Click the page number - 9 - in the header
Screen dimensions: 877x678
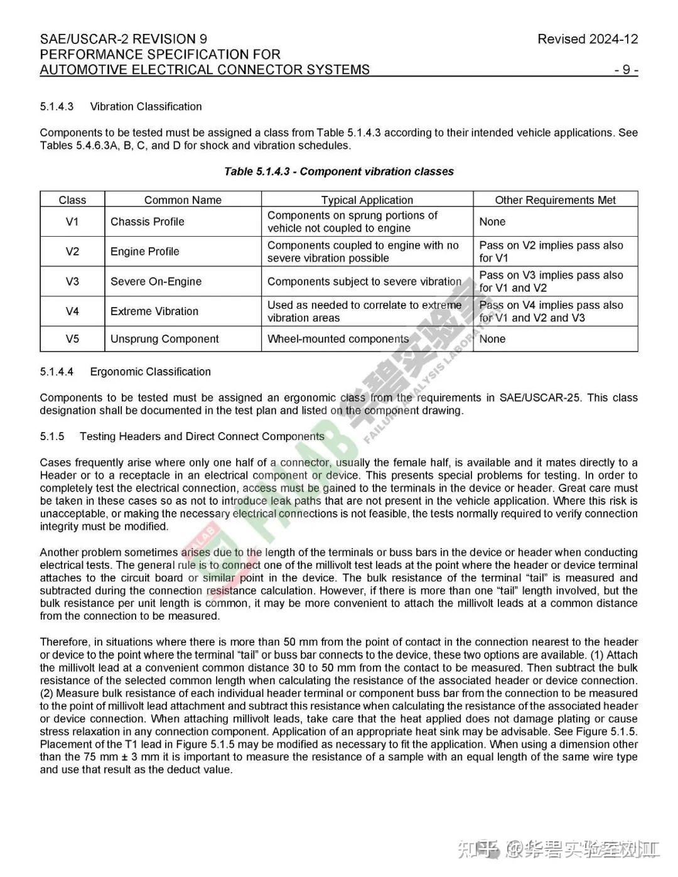[626, 70]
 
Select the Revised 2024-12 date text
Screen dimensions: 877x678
[588, 39]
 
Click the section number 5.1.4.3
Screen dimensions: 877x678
[56, 107]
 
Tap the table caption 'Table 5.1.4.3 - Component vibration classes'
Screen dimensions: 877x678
[339, 171]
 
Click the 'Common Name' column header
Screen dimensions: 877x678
[183, 200]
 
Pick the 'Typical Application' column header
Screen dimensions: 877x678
[367, 200]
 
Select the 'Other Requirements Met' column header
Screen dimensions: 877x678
[555, 200]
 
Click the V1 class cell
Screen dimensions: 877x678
[72, 222]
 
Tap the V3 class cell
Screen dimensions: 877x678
[72, 281]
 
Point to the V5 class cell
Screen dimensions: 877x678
[72, 339]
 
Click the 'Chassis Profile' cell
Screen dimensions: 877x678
[148, 222]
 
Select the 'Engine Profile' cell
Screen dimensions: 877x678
[145, 252]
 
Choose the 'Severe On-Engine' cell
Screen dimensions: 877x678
[156, 281]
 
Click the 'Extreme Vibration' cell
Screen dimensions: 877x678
[154, 311]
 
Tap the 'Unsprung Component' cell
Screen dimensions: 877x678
[164, 339]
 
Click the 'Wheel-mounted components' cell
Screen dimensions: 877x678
[338, 339]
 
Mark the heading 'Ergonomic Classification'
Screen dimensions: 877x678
[151, 372]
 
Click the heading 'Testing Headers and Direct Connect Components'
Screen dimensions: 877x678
[202, 436]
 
